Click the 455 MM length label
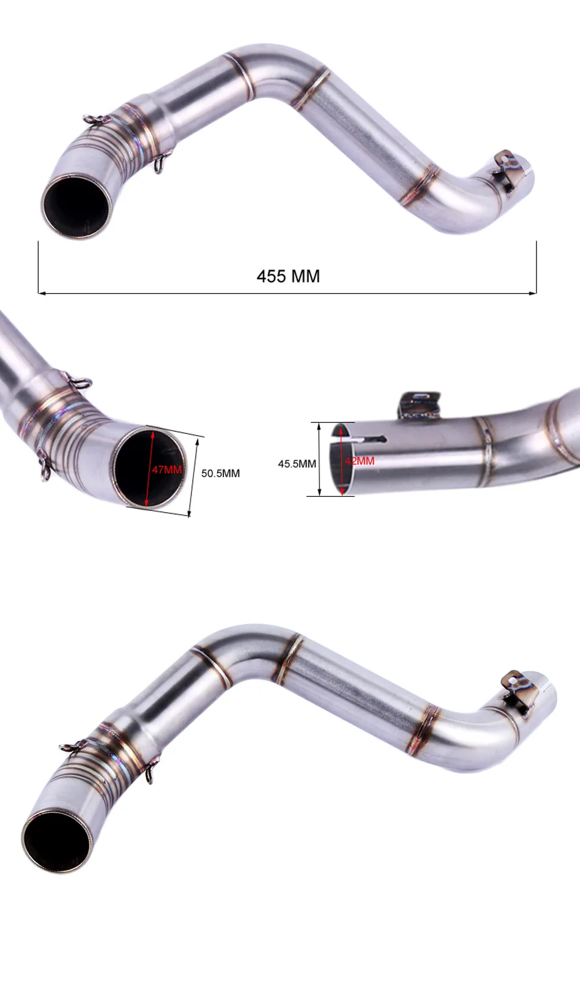(x=288, y=277)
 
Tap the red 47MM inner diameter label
(x=167, y=469)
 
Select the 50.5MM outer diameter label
(x=220, y=473)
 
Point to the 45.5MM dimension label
(x=297, y=463)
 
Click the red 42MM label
(x=360, y=461)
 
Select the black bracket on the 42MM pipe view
(x=418, y=403)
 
